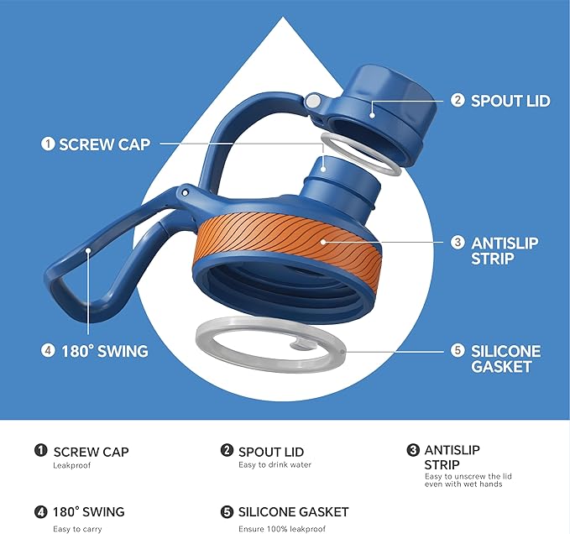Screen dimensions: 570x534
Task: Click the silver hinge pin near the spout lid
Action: tap(312, 101)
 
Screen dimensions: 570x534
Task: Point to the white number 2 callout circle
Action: tap(458, 100)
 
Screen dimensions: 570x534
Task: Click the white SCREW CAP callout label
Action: tap(105, 144)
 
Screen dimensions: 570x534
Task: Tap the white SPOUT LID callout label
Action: tap(510, 101)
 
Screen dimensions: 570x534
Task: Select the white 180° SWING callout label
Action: tap(105, 351)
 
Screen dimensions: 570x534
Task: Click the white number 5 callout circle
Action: tap(458, 350)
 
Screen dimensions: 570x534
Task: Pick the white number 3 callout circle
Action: tap(458, 243)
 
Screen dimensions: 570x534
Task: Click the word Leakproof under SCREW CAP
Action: tap(71, 465)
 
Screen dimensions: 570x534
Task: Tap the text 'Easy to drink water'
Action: tap(275, 464)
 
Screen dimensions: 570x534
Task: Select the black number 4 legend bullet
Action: tap(40, 512)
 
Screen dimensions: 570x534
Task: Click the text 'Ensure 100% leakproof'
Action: tap(282, 529)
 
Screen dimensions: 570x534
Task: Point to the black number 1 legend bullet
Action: tap(40, 450)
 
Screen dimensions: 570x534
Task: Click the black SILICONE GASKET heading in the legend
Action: tap(293, 512)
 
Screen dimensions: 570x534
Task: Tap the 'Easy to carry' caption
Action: tap(77, 529)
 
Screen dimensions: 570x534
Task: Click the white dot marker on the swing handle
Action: tap(88, 250)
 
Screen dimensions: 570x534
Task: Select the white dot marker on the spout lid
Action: tap(372, 115)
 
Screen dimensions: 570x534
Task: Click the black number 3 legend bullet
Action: tap(413, 450)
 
